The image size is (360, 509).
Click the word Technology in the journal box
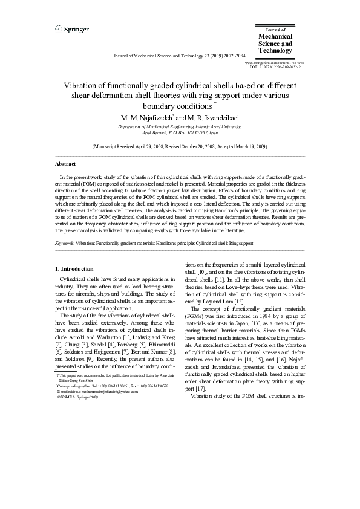pyautogui.click(x=275, y=51)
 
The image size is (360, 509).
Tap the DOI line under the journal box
pyautogui.click(x=275, y=67)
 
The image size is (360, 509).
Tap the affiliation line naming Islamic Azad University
pyautogui.click(x=180, y=126)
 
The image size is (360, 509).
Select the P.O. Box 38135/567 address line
pyautogui.click(x=180, y=132)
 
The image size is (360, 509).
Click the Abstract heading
pyautogui.click(x=65, y=164)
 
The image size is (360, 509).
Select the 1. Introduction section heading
pyautogui.click(x=74, y=268)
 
